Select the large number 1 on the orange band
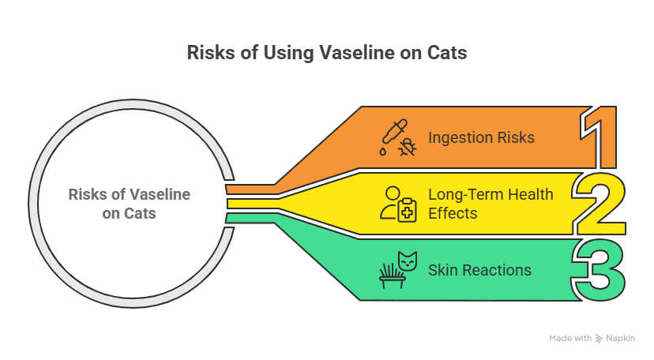(598, 137)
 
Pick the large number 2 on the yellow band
(599, 204)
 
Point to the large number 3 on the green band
(598, 270)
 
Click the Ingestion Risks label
(481, 137)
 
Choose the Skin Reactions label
(479, 270)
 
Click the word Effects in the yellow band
(453, 213)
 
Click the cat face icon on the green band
(408, 261)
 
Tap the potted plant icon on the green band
(392, 276)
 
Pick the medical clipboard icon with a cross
(407, 210)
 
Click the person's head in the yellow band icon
(393, 193)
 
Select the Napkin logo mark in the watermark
(599, 339)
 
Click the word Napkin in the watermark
(620, 339)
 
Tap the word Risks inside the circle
(86, 194)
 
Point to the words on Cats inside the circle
(129, 213)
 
